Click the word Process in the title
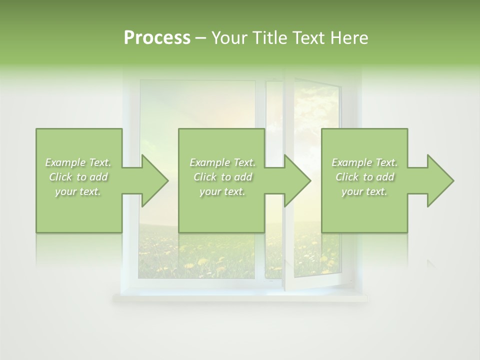tap(157, 37)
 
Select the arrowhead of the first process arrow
tap(154, 180)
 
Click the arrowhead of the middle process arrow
tap(297, 180)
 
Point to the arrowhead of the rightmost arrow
tap(440, 180)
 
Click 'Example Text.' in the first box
tap(78, 162)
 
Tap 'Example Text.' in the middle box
tap(222, 162)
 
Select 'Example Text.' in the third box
tap(364, 162)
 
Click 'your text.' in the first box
tap(78, 191)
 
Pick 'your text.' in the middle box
tap(222, 191)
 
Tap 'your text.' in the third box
tap(364, 191)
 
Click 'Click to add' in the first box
tap(78, 177)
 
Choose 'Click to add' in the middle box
tap(222, 177)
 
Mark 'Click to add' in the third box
tap(364, 177)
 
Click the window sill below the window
tap(240, 298)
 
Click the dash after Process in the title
tap(200, 38)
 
